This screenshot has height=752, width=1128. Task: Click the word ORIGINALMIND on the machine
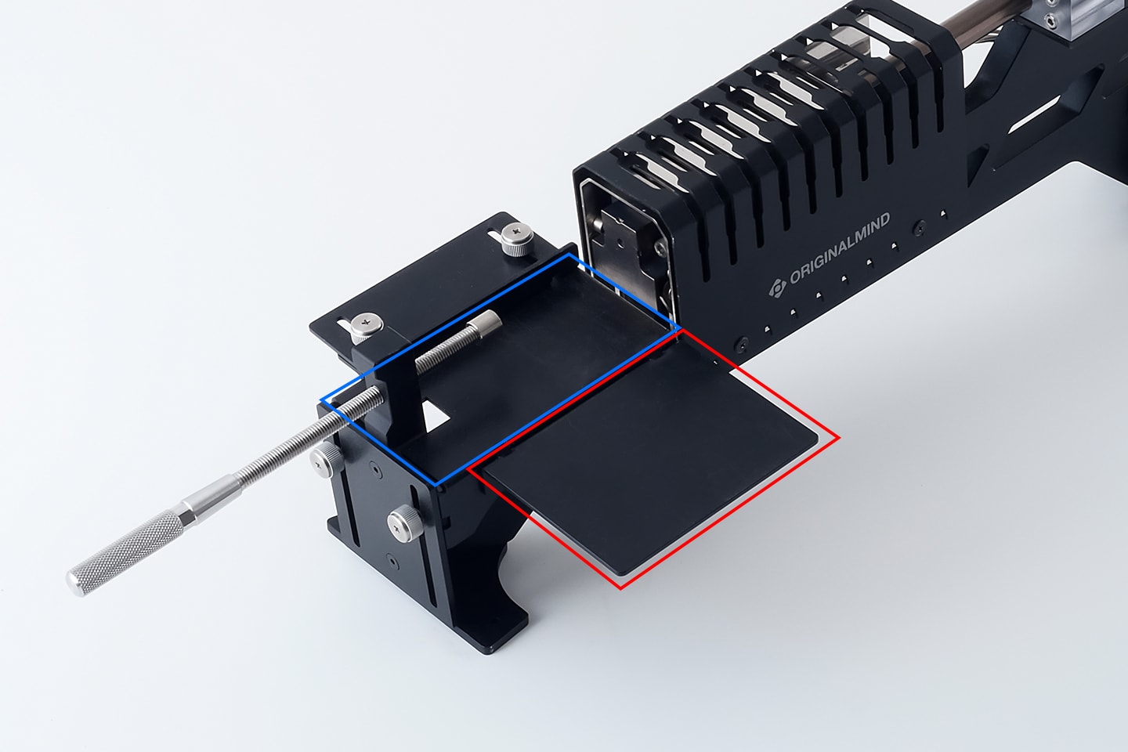point(840,248)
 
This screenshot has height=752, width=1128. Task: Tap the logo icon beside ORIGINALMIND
point(778,288)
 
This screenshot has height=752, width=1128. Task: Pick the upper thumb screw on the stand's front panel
point(326,460)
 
